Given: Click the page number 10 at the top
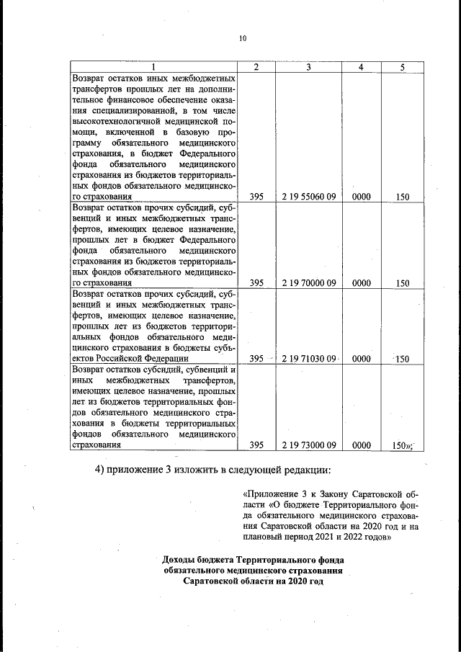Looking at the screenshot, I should coord(242,38).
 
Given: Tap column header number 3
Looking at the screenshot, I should coord(308,67).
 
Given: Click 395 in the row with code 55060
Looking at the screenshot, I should coord(256,196).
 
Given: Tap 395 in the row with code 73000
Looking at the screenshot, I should coord(256,445).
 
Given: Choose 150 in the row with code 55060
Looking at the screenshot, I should coord(403,196).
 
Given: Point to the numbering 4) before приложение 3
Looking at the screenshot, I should coord(102,470).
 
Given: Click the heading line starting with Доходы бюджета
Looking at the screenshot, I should coord(253,560).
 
